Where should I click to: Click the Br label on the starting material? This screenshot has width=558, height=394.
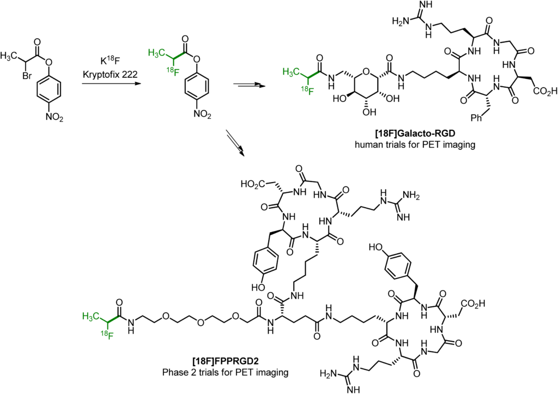27,76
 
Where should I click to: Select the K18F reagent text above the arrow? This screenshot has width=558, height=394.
110,60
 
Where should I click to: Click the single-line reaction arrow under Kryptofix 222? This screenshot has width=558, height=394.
109,83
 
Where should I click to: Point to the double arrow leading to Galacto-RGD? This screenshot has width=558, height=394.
247,85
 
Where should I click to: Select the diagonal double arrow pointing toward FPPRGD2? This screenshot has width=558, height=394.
235,143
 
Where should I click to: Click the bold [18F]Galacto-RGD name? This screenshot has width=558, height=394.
415,134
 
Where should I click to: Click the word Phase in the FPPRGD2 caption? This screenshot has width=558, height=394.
174,373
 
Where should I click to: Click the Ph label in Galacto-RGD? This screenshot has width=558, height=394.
476,118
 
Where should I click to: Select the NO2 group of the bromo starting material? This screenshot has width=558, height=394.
54,117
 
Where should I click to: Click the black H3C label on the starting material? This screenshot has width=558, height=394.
9,56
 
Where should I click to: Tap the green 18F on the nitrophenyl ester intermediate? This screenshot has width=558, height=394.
173,71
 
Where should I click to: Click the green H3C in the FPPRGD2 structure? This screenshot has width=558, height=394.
90,317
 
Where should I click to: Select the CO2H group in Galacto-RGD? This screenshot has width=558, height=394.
545,92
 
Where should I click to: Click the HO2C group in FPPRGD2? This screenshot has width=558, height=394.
252,184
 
